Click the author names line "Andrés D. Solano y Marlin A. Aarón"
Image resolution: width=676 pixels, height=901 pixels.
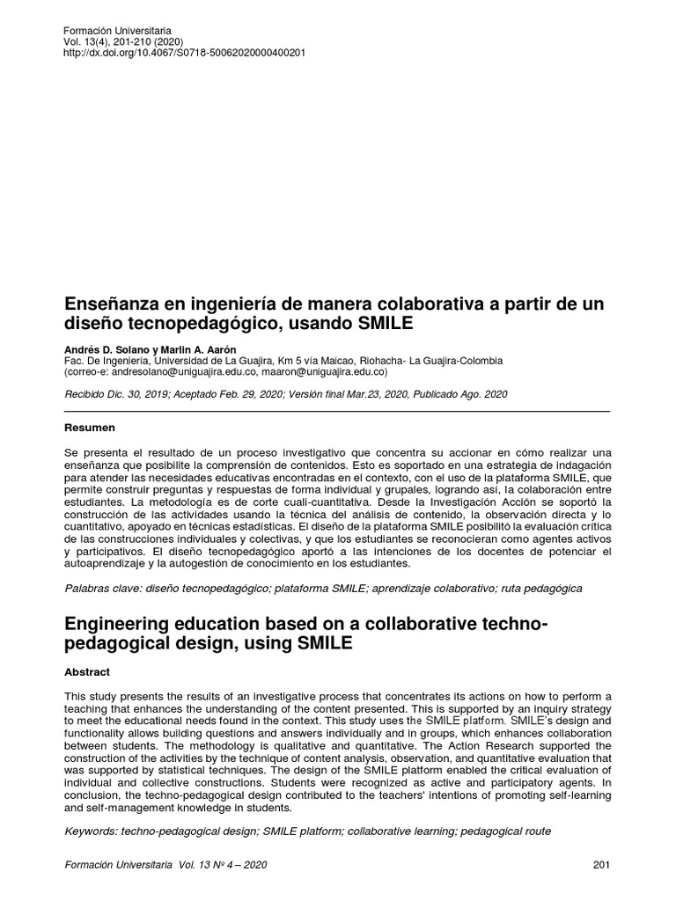[156, 348]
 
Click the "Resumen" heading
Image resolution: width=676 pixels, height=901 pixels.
[91, 428]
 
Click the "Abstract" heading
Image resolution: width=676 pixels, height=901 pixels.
[88, 671]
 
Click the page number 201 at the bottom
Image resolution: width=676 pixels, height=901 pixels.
[601, 865]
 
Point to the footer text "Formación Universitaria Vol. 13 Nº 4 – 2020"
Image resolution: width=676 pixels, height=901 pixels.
[165, 865]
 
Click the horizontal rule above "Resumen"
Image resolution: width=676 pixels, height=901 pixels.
[337, 411]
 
